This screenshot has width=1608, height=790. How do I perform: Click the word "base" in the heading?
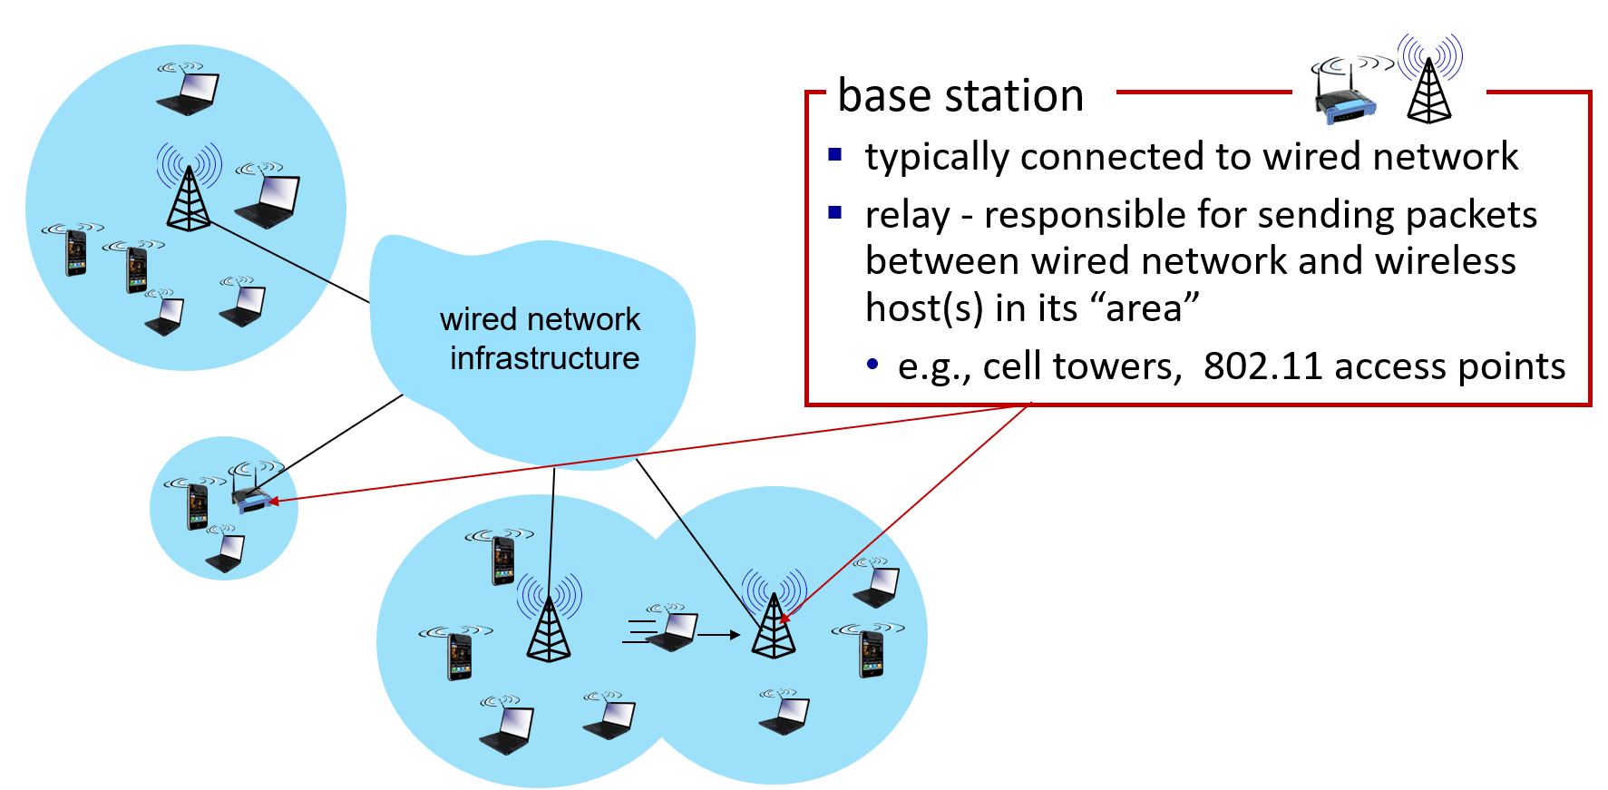point(884,95)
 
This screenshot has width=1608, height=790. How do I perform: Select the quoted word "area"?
point(1153,308)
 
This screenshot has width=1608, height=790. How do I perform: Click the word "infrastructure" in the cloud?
point(544,358)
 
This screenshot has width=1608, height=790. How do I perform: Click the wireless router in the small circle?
point(251,496)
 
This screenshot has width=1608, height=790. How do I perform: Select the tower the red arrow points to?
point(774,621)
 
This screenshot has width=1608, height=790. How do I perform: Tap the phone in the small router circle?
point(197,505)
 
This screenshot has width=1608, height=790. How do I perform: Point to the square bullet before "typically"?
point(835,155)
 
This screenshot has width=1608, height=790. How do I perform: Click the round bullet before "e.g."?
point(872,365)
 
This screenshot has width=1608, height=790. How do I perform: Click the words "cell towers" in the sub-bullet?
point(1082,366)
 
